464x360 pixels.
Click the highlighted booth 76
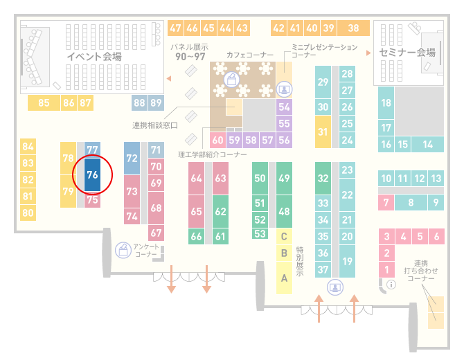(x=92, y=174)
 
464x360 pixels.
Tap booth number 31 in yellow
(x=323, y=132)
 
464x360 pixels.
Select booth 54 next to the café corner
(x=284, y=107)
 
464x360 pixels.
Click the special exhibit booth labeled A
(x=284, y=278)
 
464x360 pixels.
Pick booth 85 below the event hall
(x=44, y=102)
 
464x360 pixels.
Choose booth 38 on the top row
(x=354, y=28)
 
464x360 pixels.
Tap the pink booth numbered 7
(x=386, y=203)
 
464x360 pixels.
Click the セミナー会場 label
(x=407, y=53)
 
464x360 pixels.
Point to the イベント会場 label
(x=94, y=56)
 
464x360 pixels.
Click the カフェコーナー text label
(x=250, y=55)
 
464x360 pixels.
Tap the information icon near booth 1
(x=391, y=285)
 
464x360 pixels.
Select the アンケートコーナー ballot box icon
(x=123, y=250)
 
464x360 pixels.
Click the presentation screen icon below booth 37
(x=335, y=287)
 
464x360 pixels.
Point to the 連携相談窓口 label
(x=154, y=125)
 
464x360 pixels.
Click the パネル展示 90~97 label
(x=190, y=52)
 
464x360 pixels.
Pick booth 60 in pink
(x=217, y=140)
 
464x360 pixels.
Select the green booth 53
(x=260, y=234)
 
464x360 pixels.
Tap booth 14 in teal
(x=427, y=145)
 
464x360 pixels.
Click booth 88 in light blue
(x=139, y=102)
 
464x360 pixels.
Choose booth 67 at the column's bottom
(x=156, y=233)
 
